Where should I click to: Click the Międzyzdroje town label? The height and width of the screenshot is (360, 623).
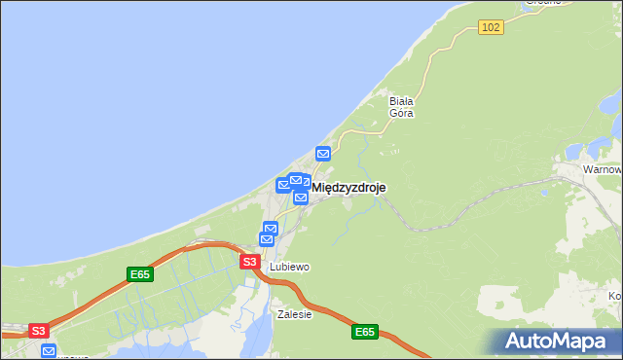(x=348, y=188)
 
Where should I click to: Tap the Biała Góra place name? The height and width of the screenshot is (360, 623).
(x=402, y=106)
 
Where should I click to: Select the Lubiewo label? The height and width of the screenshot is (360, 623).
(x=289, y=267)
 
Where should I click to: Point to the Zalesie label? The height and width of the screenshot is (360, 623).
(x=294, y=314)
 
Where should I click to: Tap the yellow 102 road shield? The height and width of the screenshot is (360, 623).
(x=491, y=27)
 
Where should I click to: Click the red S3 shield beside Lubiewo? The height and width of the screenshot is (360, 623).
(x=249, y=262)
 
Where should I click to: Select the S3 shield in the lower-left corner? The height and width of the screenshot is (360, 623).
(x=38, y=331)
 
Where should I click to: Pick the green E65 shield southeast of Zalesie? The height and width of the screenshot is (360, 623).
(x=364, y=332)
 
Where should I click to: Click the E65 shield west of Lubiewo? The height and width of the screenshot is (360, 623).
(x=140, y=274)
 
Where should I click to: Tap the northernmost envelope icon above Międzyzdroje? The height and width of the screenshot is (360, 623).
(x=323, y=153)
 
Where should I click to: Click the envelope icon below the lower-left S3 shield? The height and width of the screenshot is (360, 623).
(x=49, y=350)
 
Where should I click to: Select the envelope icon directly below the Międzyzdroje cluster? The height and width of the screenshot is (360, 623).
(x=301, y=198)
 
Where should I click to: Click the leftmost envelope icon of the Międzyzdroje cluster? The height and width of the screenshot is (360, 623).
(x=284, y=185)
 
